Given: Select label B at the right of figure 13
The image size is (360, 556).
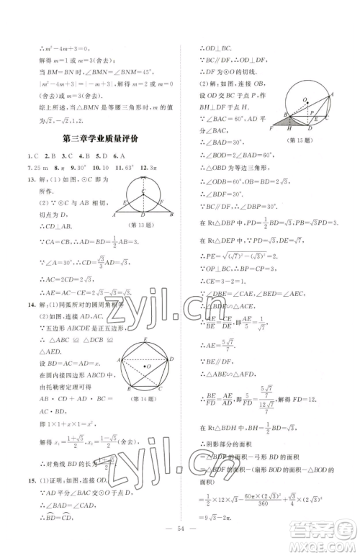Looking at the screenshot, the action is click(x=179, y=215).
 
